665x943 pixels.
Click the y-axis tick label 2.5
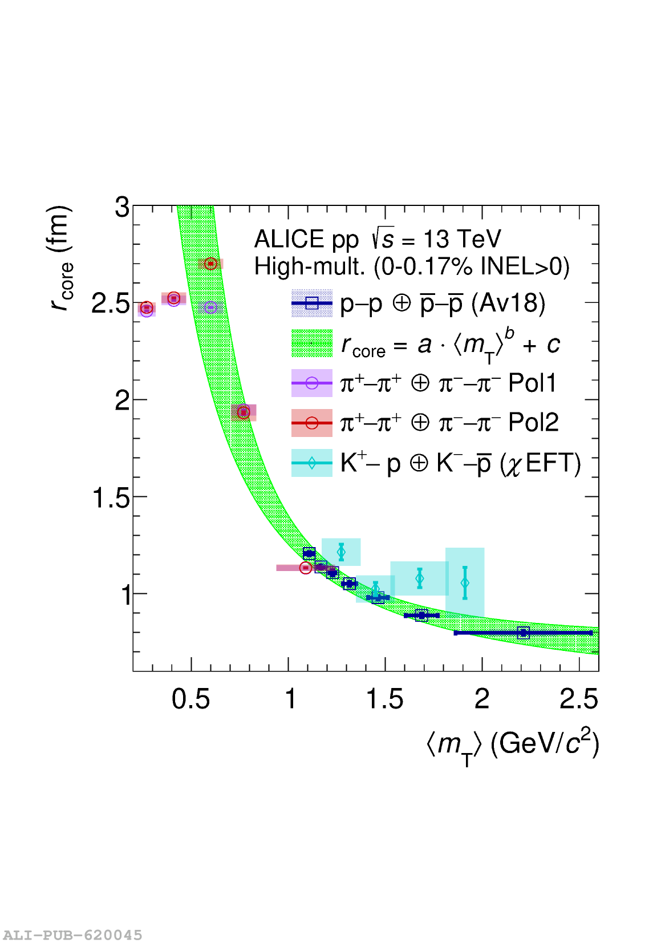111,304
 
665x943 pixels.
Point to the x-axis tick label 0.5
190,699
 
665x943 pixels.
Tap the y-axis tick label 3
122,207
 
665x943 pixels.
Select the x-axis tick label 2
482,699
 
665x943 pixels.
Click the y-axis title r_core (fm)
60,258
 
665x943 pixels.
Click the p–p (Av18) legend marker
311,303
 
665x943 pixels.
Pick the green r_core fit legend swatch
311,343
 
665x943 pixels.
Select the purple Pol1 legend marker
311,383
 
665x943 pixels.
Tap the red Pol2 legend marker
311,423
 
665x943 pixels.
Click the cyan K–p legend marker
311,463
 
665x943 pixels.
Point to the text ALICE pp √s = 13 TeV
378,239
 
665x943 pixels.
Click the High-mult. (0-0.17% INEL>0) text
411,266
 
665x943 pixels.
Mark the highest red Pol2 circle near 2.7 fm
210,264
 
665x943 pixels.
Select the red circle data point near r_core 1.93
244,412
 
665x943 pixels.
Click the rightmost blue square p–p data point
523,632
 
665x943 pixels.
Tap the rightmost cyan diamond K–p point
465,582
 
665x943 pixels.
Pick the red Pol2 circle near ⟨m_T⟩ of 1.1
306,568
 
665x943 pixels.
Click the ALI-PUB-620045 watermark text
72,935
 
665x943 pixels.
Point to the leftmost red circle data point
147,308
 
